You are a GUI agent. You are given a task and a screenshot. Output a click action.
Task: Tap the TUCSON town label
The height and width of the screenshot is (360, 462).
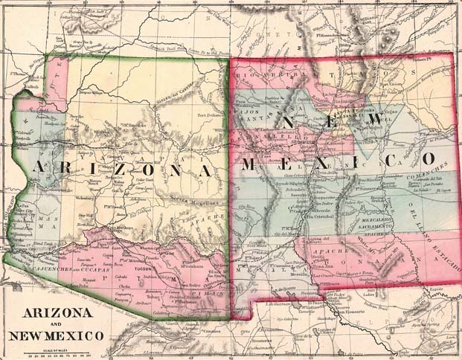165,269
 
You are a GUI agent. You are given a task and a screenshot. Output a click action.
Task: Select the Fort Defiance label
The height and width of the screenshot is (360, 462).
211,115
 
